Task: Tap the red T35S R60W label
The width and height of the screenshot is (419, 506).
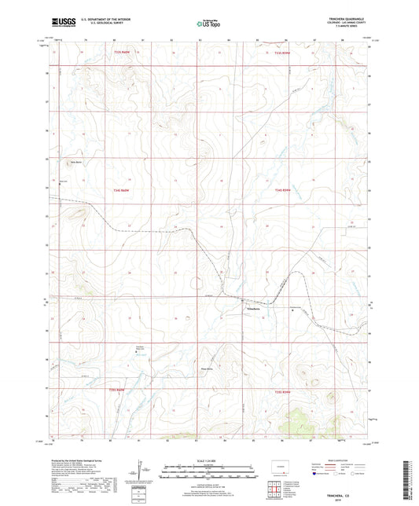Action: click(117, 390)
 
